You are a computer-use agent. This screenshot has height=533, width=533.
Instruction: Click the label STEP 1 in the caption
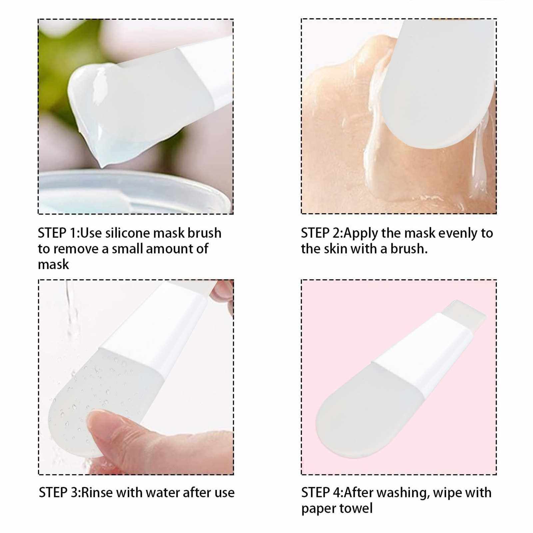[58, 233]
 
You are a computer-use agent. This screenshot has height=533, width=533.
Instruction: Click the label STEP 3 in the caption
[59, 492]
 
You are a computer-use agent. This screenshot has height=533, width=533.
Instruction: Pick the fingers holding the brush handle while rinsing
[222, 296]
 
